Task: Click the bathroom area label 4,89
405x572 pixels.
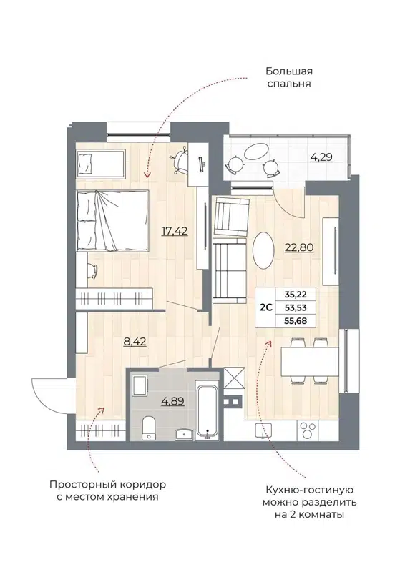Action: point(172,400)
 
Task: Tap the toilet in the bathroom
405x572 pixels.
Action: point(149,428)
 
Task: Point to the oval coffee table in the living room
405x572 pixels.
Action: point(264,250)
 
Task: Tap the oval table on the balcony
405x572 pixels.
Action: point(255,152)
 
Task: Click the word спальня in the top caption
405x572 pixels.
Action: point(289,84)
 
